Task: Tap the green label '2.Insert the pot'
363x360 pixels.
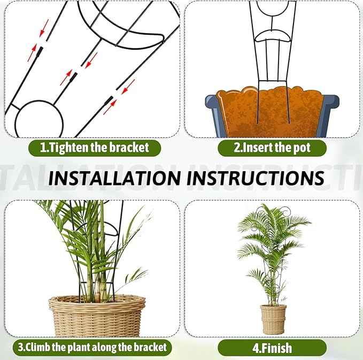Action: (x=272, y=148)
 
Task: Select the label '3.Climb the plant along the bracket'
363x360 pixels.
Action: (x=91, y=347)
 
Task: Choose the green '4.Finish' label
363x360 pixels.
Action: (x=272, y=348)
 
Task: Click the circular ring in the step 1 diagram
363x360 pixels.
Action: (x=38, y=120)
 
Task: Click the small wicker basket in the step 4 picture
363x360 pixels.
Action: (x=273, y=319)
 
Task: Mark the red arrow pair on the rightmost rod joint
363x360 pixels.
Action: (x=119, y=96)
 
